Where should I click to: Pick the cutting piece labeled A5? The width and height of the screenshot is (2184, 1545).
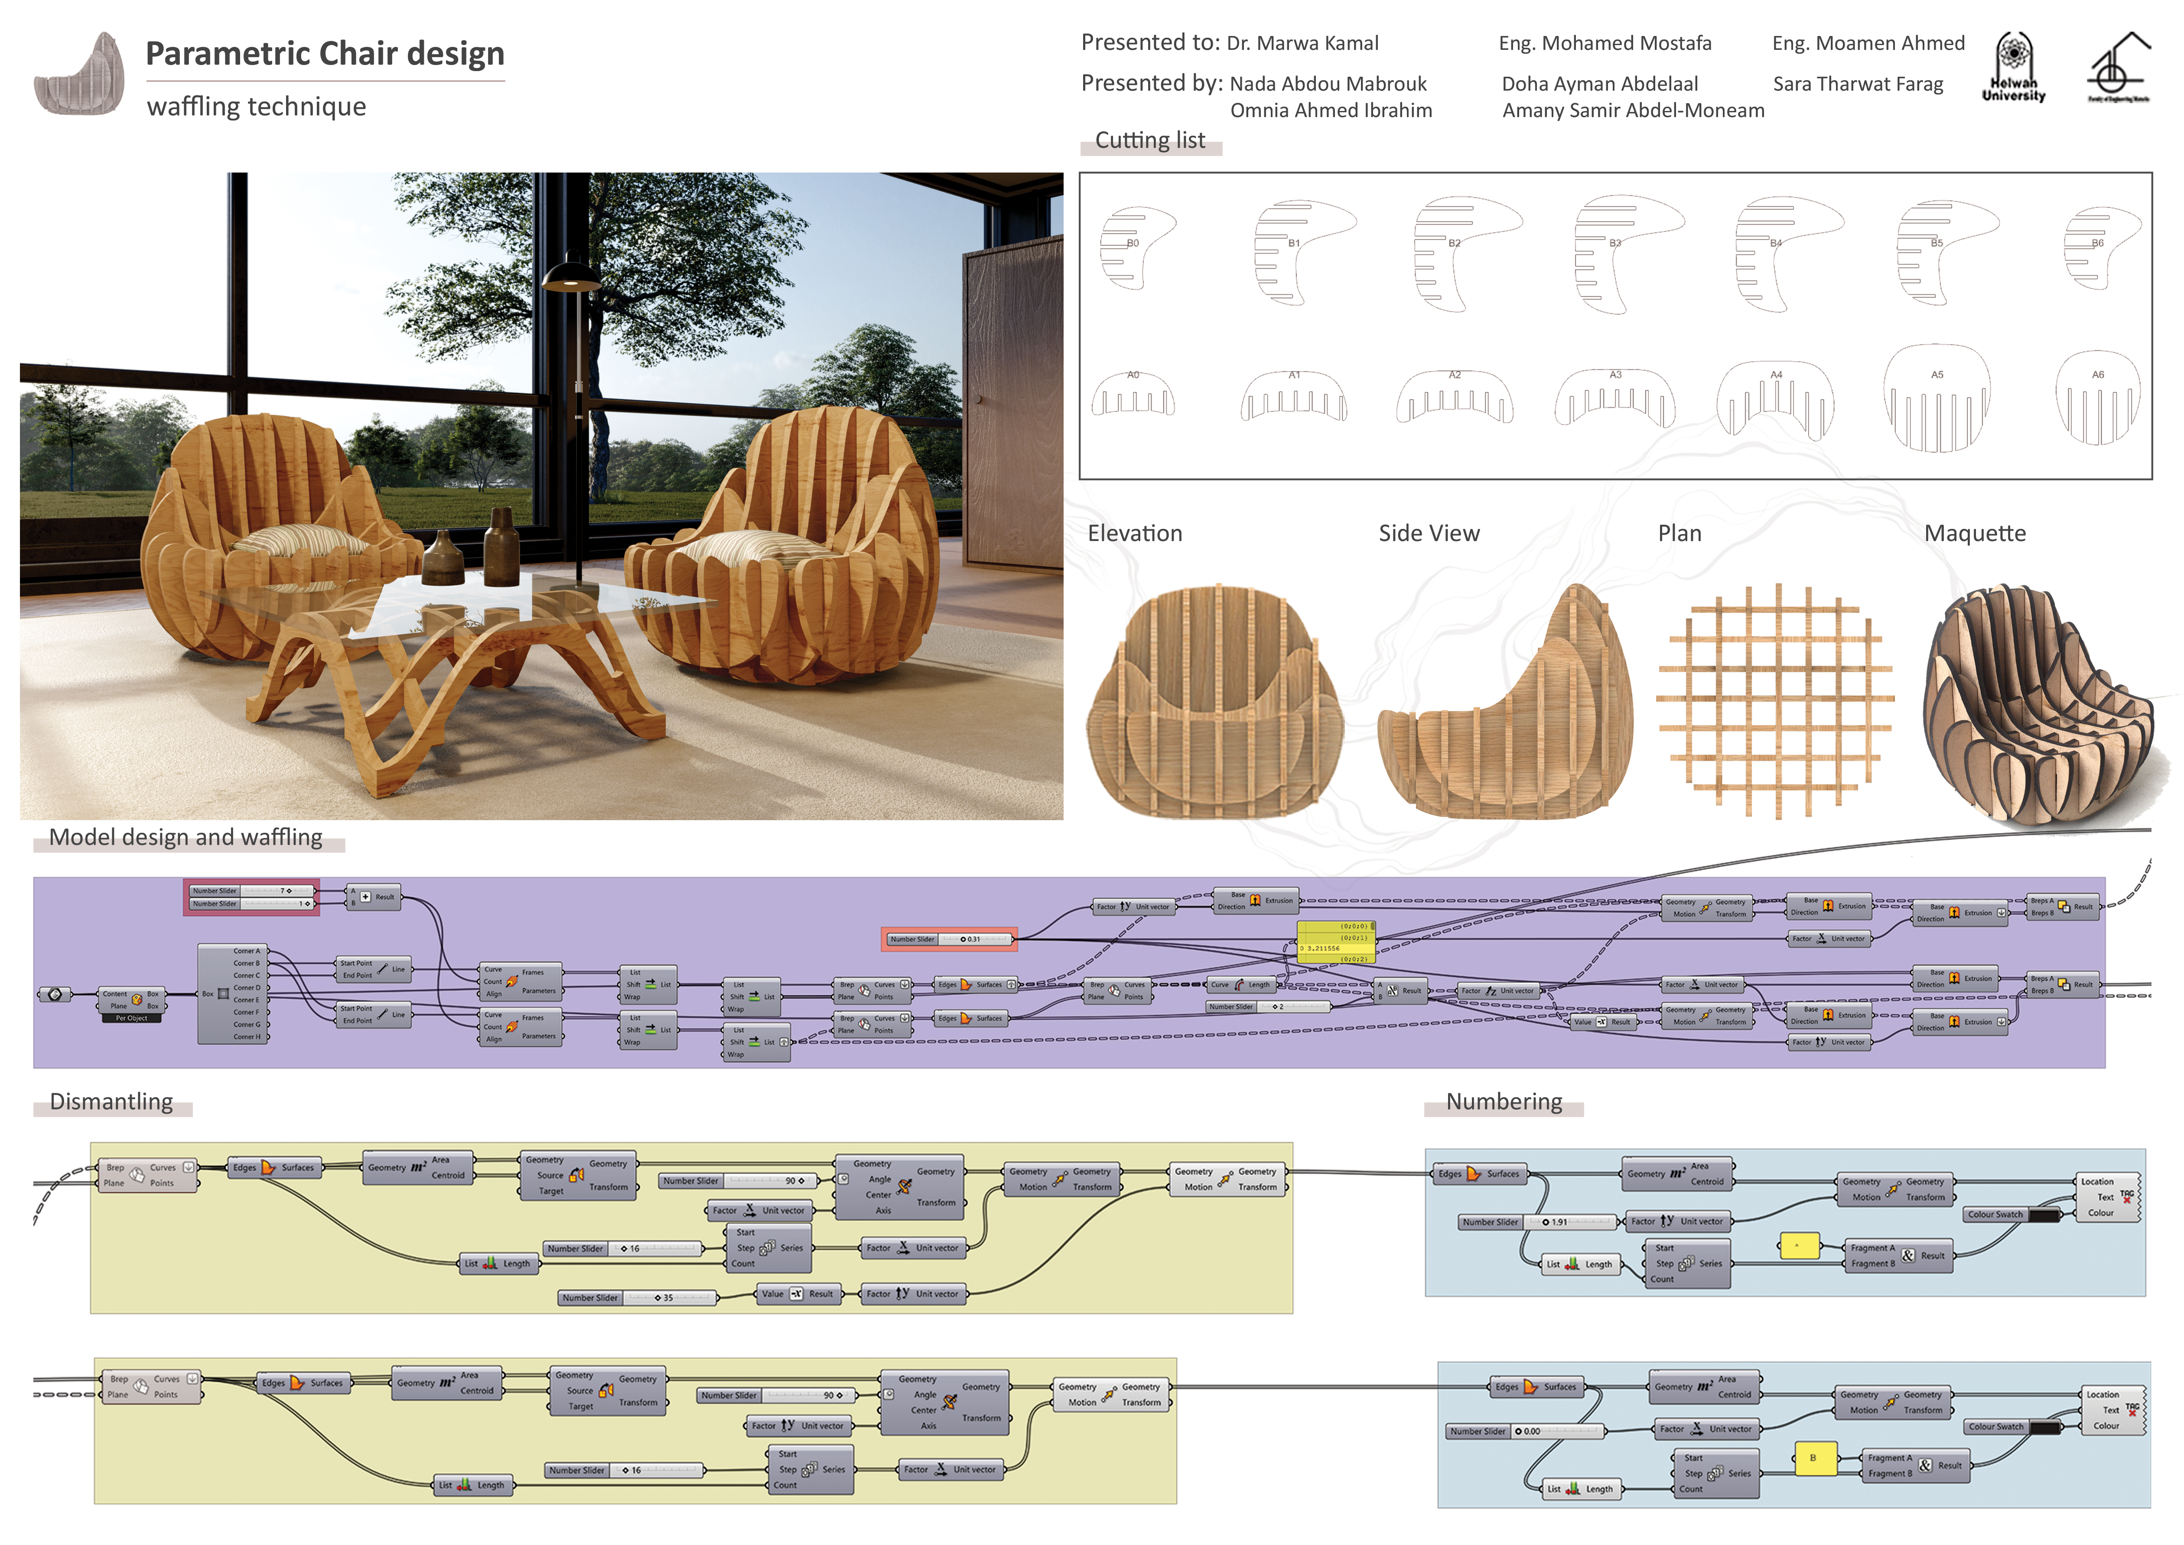(1937, 400)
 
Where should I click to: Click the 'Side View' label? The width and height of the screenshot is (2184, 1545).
(1429, 534)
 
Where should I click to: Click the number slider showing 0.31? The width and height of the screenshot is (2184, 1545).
(948, 939)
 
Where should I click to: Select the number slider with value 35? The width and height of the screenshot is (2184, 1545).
(637, 1297)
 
